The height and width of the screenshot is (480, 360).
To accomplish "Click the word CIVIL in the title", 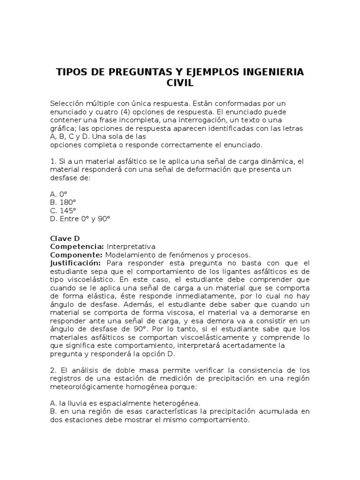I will click(180, 83).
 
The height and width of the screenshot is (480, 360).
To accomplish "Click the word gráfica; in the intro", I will click(63, 128).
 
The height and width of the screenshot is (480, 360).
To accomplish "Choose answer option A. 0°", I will click(59, 194).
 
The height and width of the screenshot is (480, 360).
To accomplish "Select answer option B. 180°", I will click(62, 202).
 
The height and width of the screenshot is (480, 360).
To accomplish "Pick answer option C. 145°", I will click(62, 210).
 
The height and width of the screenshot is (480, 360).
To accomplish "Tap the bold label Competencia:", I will click(77, 247).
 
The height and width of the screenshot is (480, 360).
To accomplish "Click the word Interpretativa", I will click(131, 247).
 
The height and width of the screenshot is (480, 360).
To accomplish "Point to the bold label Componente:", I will click(76, 255).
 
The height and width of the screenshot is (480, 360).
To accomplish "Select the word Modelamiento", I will click(129, 255).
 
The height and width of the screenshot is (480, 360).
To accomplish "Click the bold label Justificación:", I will click(75, 263).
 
